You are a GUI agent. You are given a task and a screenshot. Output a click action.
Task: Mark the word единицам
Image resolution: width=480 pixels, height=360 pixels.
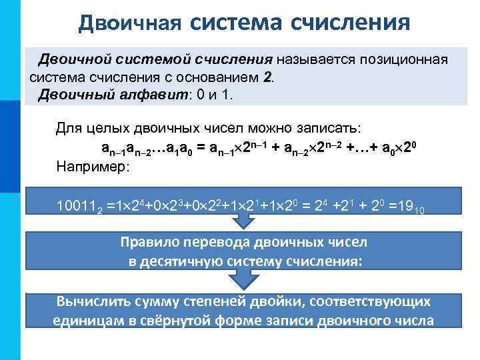tap(87, 321)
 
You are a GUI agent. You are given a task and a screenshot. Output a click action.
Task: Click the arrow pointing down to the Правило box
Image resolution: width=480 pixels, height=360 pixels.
tap(244, 226)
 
